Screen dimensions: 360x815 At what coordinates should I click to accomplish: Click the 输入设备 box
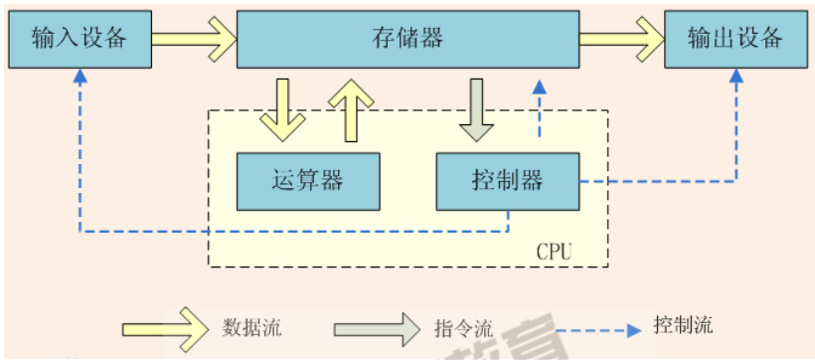point(80,39)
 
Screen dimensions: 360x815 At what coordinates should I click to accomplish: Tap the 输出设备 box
point(736,39)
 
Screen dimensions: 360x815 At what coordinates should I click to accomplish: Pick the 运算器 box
point(307,181)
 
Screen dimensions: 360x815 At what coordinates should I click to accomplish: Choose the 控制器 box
point(507,181)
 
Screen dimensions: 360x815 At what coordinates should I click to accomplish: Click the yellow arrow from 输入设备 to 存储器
point(195,39)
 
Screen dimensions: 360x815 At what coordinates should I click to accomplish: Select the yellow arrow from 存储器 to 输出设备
point(622,39)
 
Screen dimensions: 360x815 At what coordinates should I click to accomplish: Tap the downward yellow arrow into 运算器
point(283,108)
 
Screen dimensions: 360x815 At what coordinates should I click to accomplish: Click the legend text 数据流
point(247,326)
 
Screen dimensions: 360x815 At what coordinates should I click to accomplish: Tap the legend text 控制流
point(684,325)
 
